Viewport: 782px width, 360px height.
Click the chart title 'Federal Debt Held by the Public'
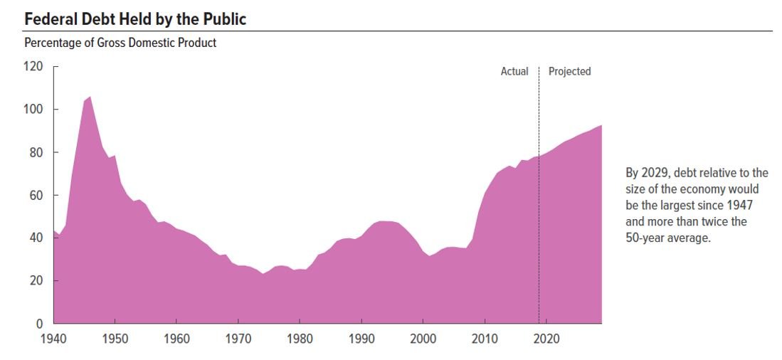click(x=135, y=19)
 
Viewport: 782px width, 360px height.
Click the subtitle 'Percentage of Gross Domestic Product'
click(x=120, y=43)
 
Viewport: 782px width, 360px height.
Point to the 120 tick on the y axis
click(x=34, y=66)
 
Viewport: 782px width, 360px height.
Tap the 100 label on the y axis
click(x=34, y=109)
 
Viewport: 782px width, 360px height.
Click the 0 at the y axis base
click(x=40, y=324)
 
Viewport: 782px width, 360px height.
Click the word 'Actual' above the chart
click(x=514, y=71)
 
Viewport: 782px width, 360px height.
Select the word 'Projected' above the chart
click(x=569, y=71)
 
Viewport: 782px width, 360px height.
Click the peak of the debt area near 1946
click(x=90, y=97)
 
